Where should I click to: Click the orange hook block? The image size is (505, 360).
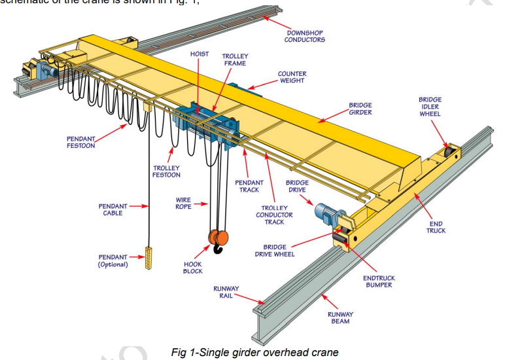(x=218, y=239)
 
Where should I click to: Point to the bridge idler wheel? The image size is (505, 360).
(x=450, y=153)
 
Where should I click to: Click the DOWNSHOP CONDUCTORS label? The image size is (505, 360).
(x=304, y=36)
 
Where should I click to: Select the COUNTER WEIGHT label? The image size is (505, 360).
(x=292, y=77)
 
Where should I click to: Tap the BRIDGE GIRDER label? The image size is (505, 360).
(x=360, y=109)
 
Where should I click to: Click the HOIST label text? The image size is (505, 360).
(x=200, y=54)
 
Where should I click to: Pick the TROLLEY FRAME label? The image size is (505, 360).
(x=235, y=60)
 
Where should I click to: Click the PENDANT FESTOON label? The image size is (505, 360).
(x=80, y=142)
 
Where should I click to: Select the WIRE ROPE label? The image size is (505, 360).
(x=183, y=203)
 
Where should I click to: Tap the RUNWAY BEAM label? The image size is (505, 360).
(x=340, y=317)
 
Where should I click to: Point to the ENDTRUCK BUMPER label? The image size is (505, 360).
(x=379, y=281)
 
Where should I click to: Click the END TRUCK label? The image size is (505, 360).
(x=436, y=227)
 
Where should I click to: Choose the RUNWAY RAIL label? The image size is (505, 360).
(x=226, y=292)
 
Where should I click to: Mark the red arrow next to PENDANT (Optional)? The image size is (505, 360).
(x=137, y=257)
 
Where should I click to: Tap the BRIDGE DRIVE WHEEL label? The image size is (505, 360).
(x=275, y=251)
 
